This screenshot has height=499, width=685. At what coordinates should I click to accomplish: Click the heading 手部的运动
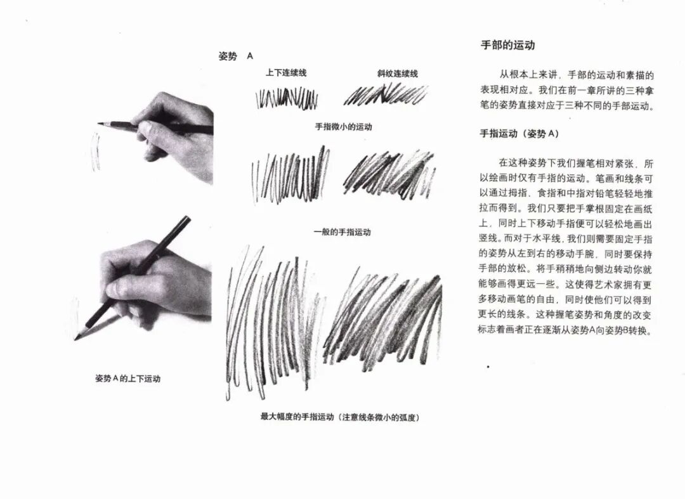pyautogui.click(x=507, y=46)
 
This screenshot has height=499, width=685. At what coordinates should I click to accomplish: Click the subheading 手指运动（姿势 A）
pyautogui.click(x=519, y=134)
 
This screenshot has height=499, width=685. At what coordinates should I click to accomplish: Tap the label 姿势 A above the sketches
pyautogui.click(x=236, y=56)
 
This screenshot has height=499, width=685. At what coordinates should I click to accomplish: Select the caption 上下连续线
pyautogui.click(x=286, y=73)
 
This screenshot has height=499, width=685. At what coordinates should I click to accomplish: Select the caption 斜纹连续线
pyautogui.click(x=398, y=74)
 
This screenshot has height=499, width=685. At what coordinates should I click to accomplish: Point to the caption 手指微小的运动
pyautogui.click(x=343, y=127)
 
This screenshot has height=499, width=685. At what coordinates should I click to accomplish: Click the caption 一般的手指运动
pyautogui.click(x=342, y=232)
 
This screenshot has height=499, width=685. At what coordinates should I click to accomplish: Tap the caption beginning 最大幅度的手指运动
pyautogui.click(x=340, y=417)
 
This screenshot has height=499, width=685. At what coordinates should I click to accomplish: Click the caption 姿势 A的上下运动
pyautogui.click(x=128, y=379)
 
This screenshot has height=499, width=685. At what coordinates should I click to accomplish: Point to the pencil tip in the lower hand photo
pyautogui.click(x=76, y=339)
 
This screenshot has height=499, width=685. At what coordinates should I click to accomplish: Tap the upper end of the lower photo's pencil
pyautogui.click(x=187, y=217)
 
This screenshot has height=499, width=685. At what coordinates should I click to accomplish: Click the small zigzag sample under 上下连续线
pyautogui.click(x=287, y=98)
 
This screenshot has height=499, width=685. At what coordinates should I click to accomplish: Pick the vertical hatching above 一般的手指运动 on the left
pyautogui.click(x=290, y=176)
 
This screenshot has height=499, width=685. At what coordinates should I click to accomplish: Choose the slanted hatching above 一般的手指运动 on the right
pyautogui.click(x=389, y=174)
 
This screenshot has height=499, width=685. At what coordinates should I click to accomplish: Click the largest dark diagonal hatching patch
pyautogui.click(x=382, y=319)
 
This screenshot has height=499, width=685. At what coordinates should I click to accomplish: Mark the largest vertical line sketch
pyautogui.click(x=271, y=321)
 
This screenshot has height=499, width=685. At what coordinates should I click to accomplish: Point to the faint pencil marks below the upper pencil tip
pyautogui.click(x=95, y=151)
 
